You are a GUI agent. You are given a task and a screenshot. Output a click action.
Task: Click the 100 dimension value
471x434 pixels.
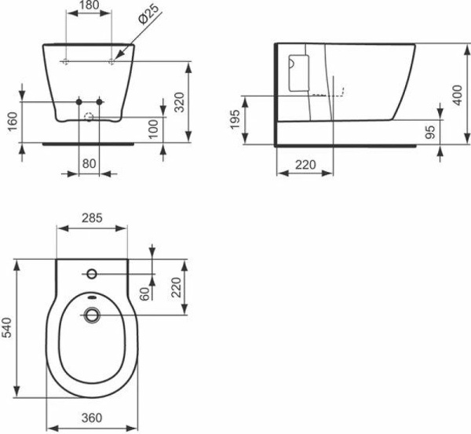pyautogui.click(x=153, y=128)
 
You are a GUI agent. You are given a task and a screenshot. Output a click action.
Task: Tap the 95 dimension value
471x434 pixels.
pyautogui.click(x=429, y=132)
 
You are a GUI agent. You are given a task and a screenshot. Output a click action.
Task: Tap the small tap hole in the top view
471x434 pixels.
pyautogui.click(x=92, y=274)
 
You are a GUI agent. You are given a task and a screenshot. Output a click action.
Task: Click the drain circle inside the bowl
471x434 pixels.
pyautogui.click(x=93, y=315)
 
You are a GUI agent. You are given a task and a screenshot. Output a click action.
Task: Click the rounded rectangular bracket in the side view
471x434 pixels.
pyautogui.click(x=297, y=74)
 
